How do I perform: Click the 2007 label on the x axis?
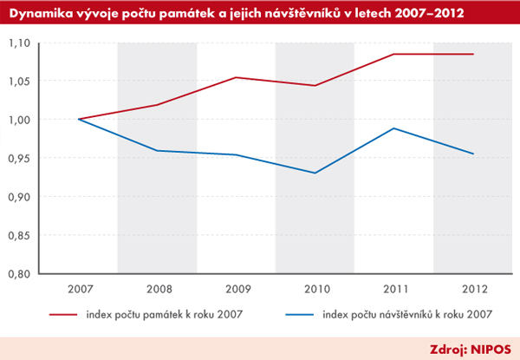click(x=78, y=289)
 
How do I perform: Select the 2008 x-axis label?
click(x=157, y=289)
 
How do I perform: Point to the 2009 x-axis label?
click(x=236, y=289)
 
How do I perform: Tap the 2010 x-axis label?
click(x=315, y=289)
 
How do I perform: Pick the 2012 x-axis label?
click(x=473, y=289)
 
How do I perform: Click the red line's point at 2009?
click(x=236, y=78)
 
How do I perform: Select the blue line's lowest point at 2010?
click(x=315, y=173)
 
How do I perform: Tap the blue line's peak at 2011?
click(x=394, y=128)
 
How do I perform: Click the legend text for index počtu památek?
click(x=158, y=316)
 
